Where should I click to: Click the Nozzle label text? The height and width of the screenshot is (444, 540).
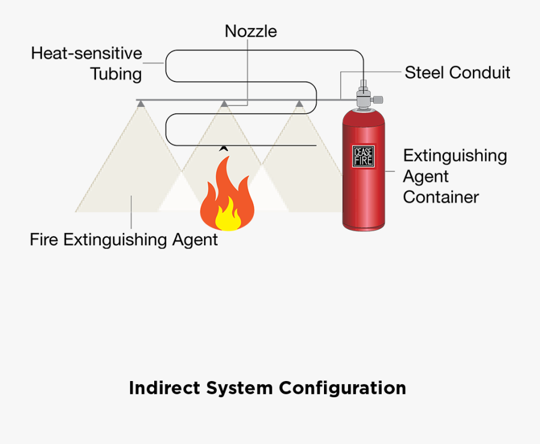251,31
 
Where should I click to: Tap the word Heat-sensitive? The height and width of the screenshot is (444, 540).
86,53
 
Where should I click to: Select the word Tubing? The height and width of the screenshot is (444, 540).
116,74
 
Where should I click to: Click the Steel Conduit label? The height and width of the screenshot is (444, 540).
457,73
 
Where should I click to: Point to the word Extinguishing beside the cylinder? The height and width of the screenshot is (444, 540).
455,156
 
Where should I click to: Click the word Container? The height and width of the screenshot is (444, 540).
440,197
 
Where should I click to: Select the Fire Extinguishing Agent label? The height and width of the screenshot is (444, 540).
124,240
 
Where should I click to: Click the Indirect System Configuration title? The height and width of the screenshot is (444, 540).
267,388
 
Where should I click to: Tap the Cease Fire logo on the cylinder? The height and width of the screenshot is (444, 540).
362,155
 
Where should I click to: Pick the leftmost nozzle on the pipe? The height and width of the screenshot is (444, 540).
140,104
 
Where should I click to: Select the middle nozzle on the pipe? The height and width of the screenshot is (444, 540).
224,104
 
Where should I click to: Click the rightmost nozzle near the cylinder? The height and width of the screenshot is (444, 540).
299,104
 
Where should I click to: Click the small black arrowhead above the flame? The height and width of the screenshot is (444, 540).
224,147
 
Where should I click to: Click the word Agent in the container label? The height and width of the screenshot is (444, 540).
425,177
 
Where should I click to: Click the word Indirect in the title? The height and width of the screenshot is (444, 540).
164,388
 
